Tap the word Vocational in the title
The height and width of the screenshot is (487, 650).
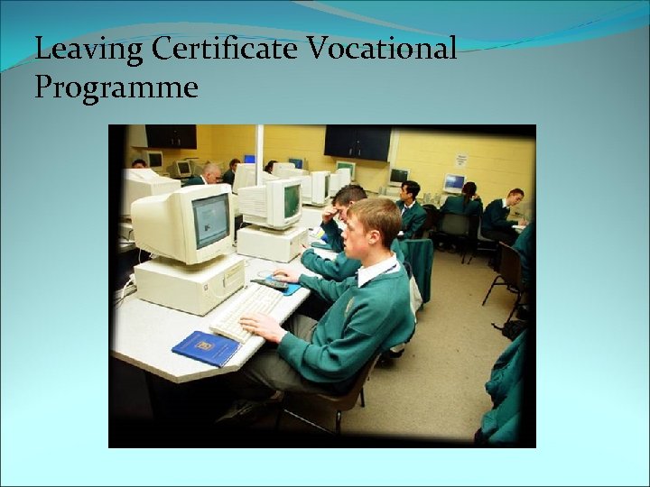383,49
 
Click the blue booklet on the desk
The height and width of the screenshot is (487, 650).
206,347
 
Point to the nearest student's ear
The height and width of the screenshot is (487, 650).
372,234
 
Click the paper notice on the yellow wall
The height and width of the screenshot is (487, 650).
460,161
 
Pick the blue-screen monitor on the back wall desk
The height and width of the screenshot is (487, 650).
454,183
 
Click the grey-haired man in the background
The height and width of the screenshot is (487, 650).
210,174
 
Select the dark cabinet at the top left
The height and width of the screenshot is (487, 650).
171,136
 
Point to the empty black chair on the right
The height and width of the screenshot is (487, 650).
506,271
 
